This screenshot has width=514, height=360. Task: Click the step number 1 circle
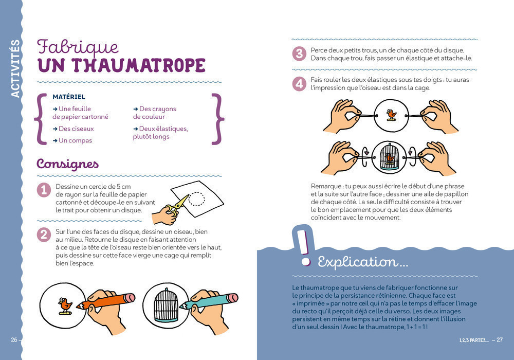44,190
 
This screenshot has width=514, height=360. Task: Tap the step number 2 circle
44,235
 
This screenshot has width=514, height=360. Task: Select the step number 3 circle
299,53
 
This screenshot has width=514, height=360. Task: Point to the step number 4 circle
299,83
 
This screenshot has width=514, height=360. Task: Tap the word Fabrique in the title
78,47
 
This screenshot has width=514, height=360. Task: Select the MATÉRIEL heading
69,97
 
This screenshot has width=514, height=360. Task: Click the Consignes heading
67,164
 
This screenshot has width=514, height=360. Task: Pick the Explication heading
363,262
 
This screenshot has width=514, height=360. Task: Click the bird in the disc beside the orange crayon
65,305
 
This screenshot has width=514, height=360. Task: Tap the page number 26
14,340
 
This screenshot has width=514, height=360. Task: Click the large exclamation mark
305,246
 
